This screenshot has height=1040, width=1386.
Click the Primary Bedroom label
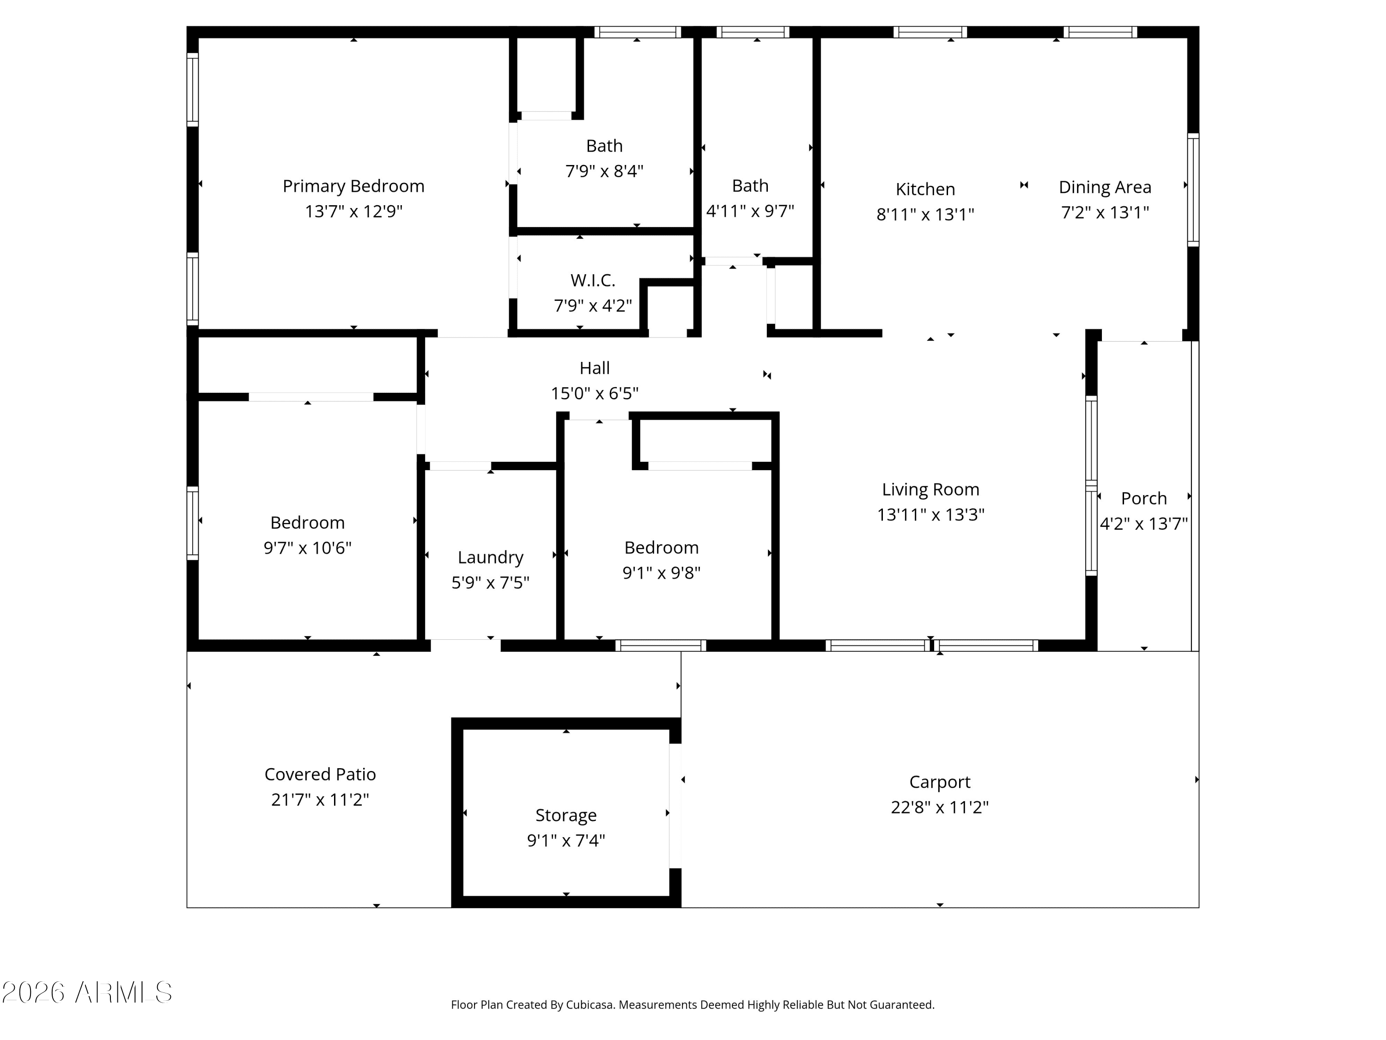(x=353, y=186)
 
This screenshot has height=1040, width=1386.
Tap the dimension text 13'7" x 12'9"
(x=353, y=211)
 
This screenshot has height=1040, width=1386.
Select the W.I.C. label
(x=593, y=280)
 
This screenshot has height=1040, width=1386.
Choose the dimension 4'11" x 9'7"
(x=750, y=211)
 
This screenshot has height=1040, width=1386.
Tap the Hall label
(x=595, y=368)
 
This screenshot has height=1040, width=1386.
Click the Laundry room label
(x=491, y=557)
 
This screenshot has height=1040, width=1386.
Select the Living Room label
(x=930, y=489)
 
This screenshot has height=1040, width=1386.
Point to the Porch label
(x=1143, y=498)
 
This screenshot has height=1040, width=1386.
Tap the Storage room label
(x=566, y=815)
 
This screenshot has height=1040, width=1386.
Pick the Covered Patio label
(x=320, y=774)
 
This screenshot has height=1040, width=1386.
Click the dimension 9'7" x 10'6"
(x=308, y=548)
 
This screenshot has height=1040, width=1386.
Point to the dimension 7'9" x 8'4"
(x=604, y=171)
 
